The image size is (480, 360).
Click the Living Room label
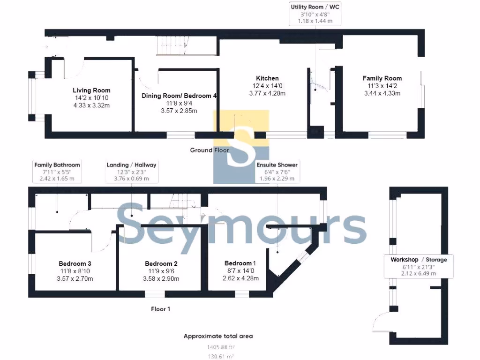coord(91,90)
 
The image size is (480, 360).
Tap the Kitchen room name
coord(267,78)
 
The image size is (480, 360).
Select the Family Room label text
coord(382,78)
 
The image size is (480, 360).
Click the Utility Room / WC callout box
coord(315,14)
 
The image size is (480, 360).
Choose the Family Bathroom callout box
coord(57,172)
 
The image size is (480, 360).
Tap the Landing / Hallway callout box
coord(131,172)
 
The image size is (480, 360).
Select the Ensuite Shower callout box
coord(277,172)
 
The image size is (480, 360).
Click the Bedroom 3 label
coord(72,263)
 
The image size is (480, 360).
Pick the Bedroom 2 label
coord(161,263)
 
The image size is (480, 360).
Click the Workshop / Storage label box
coord(419,266)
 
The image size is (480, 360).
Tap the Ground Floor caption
coord(209,150)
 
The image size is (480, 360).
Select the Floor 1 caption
coord(160,309)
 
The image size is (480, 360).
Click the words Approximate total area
coord(218,336)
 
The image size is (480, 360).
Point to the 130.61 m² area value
coord(221,357)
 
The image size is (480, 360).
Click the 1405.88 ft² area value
coord(221,347)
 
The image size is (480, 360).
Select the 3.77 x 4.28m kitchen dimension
coord(267,93)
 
